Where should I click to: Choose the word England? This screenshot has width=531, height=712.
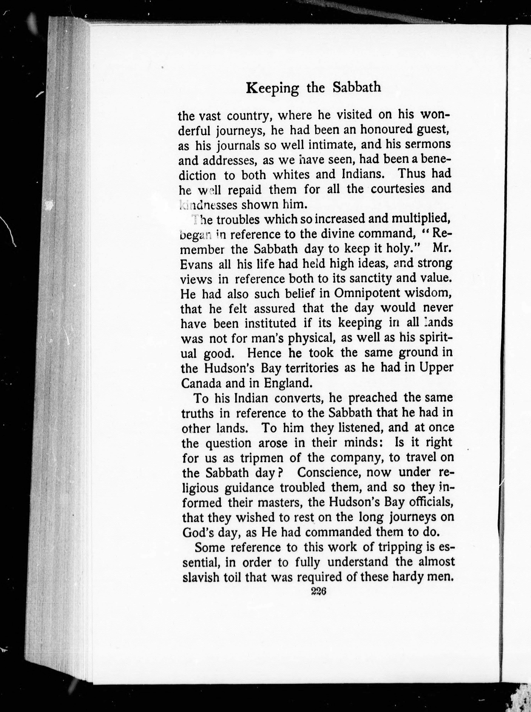[288, 383]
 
